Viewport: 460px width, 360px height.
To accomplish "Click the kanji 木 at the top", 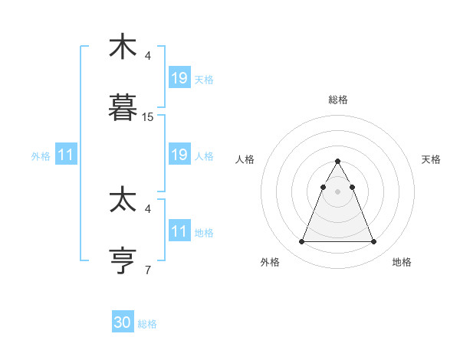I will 123,47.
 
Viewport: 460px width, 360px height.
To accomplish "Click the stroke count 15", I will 148,117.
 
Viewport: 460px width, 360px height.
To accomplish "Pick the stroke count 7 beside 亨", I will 148,270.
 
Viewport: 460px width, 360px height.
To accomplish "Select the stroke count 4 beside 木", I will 148,56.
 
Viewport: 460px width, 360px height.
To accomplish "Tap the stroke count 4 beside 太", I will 148,208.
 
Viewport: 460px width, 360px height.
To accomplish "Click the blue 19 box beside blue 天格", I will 179,78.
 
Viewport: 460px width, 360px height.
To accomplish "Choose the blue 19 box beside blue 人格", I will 179,155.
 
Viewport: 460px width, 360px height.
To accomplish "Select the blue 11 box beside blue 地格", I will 179,231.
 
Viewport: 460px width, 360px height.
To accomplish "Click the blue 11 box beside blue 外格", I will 65,155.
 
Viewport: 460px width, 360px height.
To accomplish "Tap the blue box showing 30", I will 123,322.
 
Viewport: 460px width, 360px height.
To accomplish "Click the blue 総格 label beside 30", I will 147,324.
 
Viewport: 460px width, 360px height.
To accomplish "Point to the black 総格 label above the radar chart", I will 338,100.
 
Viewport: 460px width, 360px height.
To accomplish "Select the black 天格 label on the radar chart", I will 432,159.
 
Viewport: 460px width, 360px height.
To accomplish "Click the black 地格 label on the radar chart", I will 402,263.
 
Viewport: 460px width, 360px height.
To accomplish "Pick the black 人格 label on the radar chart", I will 245,159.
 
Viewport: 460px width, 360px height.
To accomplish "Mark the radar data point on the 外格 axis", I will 301,242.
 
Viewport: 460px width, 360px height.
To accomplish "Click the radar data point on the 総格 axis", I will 338,162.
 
